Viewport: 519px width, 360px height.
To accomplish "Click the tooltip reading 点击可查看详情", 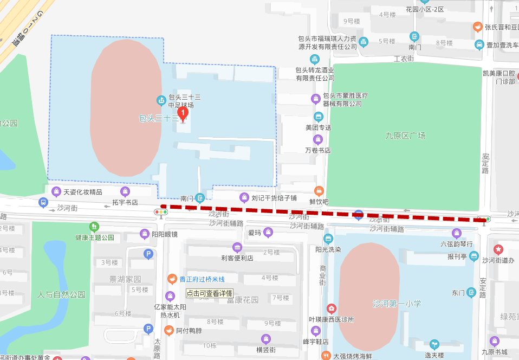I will [x=209, y=293].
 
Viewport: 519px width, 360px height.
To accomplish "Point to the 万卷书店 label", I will [x=317, y=150].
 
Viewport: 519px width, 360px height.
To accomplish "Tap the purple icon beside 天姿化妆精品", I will [x=56, y=191].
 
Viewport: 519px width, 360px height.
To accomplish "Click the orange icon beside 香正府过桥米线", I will [x=172, y=279].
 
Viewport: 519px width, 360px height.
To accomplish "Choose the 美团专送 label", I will [x=318, y=127].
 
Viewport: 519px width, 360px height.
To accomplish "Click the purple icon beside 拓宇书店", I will [x=125, y=191].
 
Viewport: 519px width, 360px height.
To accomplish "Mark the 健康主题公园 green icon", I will [x=95, y=226].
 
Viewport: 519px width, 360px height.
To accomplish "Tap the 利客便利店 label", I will [x=237, y=258].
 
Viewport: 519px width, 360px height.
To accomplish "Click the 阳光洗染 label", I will [x=328, y=250].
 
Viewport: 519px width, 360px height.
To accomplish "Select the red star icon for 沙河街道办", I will [x=498, y=249].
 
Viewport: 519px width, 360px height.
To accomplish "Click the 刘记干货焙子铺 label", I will [x=274, y=197].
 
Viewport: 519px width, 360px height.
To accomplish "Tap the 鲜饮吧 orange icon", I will [x=319, y=191].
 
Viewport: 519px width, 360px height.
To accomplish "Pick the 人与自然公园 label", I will [x=61, y=294].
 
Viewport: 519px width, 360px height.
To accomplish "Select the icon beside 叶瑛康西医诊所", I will [x=331, y=308].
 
